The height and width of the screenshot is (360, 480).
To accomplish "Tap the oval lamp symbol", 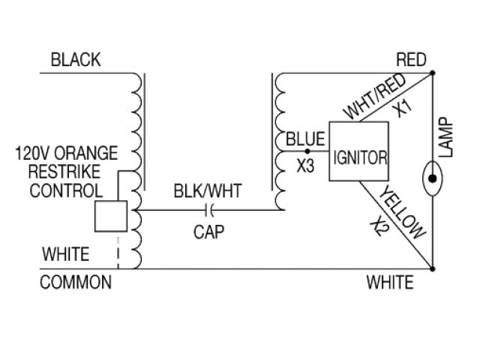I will pos(433,180).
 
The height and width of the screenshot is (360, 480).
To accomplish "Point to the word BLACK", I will pos(75,61).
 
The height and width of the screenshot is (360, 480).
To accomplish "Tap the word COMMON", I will pos(76,283).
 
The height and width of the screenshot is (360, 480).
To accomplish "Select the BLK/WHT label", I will pos(203,191).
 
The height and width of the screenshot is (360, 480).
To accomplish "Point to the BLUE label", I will pos(305,139).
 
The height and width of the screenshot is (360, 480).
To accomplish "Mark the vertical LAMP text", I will pos(448,137).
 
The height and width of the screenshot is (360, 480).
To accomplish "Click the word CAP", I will pos(210,232).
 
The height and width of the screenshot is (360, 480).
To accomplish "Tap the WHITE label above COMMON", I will pos(66,254).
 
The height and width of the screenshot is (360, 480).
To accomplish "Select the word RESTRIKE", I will pos(67,171).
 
